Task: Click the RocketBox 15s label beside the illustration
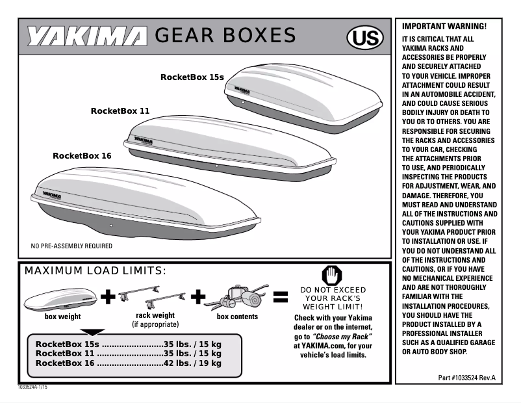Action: tap(192, 77)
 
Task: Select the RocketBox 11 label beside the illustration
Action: tap(120, 110)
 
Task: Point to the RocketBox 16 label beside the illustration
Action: tap(82, 156)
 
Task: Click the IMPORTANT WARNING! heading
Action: tap(444, 27)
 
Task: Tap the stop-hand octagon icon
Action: tap(331, 275)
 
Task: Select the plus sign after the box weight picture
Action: tap(108, 297)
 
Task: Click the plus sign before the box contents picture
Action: tap(199, 297)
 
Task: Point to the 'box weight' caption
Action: tap(62, 317)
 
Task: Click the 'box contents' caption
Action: tap(237, 317)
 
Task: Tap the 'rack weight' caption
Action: tap(155, 315)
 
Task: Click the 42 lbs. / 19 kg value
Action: tap(193, 363)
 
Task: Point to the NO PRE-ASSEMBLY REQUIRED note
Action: tap(71, 246)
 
